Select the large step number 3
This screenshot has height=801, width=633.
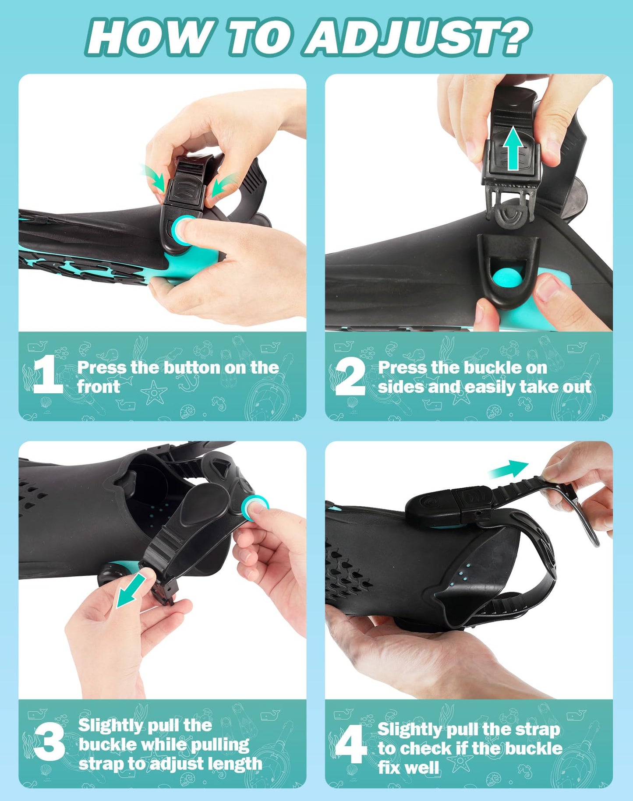(x=49, y=741)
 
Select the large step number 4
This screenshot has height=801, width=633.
(x=350, y=744)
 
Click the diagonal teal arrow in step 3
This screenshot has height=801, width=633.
(x=131, y=591)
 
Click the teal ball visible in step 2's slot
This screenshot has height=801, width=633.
(x=507, y=279)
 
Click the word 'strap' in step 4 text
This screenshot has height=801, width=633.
(x=538, y=730)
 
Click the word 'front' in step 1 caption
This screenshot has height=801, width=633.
(x=98, y=387)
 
